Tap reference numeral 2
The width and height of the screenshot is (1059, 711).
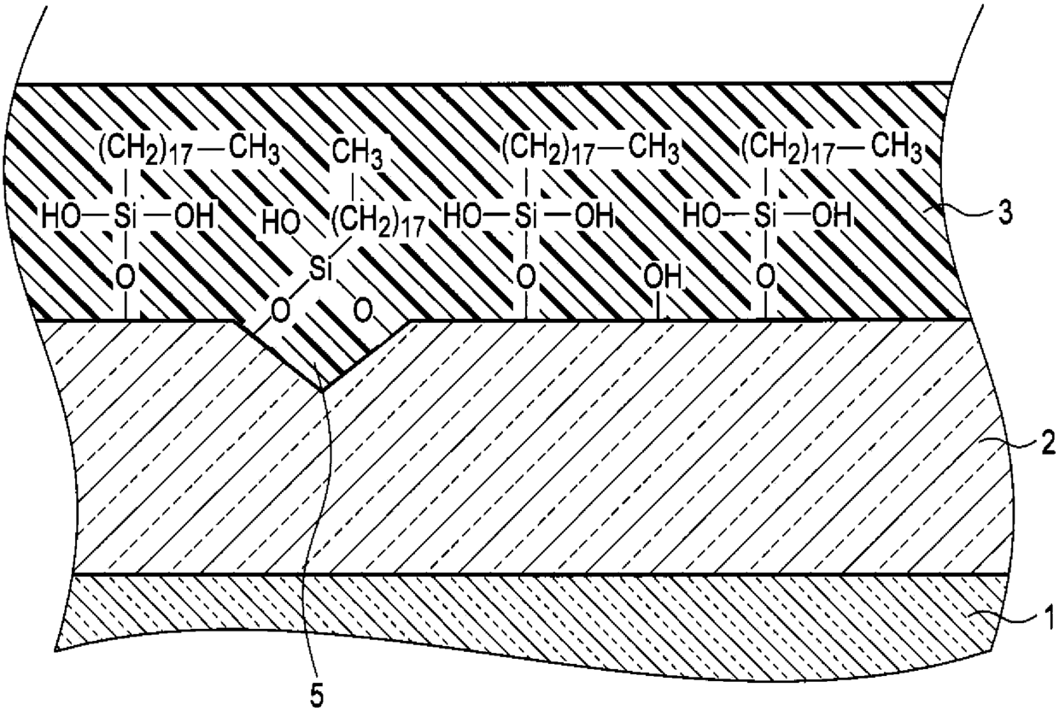1045,444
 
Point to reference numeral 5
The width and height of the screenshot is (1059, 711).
316,696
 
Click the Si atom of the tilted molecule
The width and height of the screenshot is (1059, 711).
320,272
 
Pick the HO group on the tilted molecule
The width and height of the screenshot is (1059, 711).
281,222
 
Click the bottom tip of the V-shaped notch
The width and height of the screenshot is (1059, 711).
322,391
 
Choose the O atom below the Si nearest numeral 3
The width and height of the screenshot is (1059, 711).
766,276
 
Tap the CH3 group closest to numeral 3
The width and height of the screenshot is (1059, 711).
897,147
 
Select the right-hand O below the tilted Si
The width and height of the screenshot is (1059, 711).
363,311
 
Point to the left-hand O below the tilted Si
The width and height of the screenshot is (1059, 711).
280,311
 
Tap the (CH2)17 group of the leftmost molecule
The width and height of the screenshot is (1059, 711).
145,148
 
